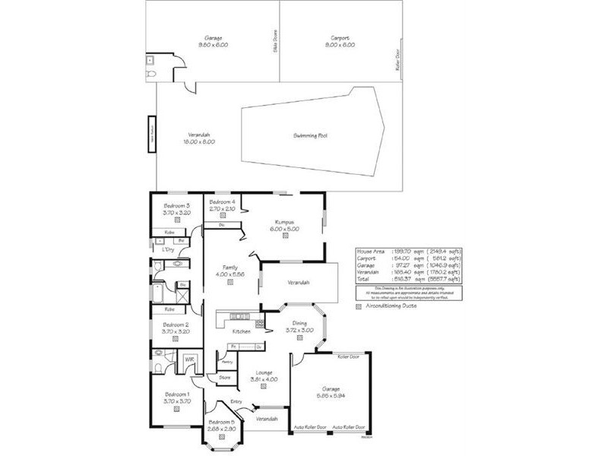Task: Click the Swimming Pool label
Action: (x=310, y=136)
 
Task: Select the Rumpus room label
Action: (x=285, y=223)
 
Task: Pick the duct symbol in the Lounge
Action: (x=262, y=386)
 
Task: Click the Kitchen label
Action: (x=242, y=332)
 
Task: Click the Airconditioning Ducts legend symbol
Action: (x=359, y=306)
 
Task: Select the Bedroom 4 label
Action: (x=223, y=200)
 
